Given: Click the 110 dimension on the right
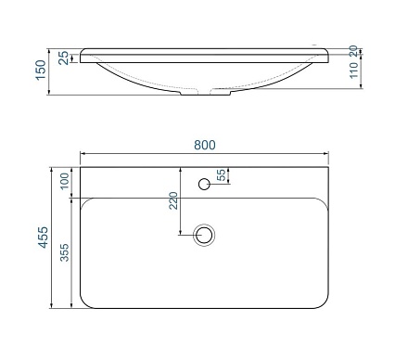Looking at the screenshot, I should coord(354,73).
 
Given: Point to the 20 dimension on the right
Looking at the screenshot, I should coord(354,51).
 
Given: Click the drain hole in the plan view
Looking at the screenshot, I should coord(204,236).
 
